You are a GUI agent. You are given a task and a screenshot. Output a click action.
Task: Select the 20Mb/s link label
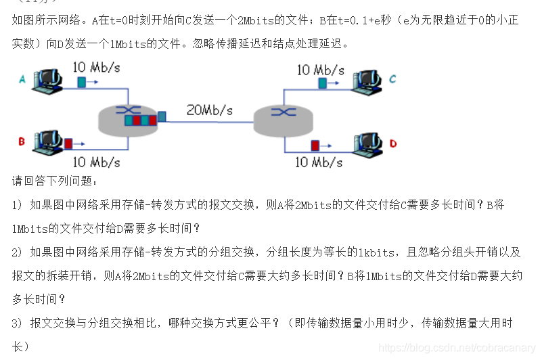(x=209, y=110)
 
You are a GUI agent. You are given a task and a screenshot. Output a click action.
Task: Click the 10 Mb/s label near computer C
(x=320, y=70)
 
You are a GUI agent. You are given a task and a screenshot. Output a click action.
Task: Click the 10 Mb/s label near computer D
(x=319, y=162)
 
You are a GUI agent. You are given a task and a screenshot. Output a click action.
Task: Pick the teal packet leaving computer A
(x=82, y=82)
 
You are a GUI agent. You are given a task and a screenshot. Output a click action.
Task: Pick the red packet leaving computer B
(x=68, y=143)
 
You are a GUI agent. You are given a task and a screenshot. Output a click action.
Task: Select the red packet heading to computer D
(x=315, y=144)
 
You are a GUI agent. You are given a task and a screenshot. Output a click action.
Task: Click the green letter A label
(x=22, y=80)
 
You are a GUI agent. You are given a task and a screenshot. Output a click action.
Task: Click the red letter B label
(x=22, y=141)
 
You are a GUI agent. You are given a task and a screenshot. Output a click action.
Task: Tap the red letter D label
(x=393, y=143)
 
